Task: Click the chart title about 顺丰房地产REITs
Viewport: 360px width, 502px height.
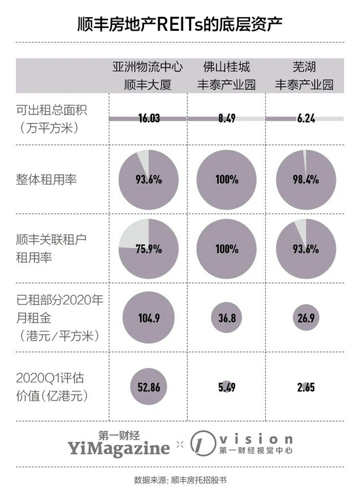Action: [x=180, y=25]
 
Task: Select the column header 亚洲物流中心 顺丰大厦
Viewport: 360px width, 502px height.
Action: [x=148, y=76]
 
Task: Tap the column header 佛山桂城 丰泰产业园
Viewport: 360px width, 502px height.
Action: [x=226, y=76]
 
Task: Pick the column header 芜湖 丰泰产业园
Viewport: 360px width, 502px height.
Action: [x=304, y=76]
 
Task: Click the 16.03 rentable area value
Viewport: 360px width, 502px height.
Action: [x=149, y=118]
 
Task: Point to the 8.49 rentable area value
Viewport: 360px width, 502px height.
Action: [x=226, y=118]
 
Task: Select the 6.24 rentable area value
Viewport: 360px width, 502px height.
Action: [x=306, y=118]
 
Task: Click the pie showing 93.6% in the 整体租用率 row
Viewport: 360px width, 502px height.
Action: [x=149, y=179]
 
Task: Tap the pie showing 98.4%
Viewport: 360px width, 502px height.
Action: [x=306, y=179]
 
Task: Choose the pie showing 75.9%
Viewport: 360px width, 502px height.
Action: [x=149, y=249]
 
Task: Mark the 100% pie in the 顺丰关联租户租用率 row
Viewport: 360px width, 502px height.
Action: [x=226, y=249]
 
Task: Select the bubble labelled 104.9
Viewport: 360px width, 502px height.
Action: [x=149, y=317]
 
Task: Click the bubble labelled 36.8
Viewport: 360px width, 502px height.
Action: [x=226, y=317]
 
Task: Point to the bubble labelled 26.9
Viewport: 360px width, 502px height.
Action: [x=306, y=317]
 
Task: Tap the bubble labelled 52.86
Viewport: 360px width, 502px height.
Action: [x=149, y=387]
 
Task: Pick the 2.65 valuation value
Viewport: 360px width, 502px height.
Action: [x=306, y=387]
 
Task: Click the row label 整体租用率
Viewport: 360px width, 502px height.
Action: [x=46, y=179]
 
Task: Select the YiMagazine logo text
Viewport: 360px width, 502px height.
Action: [x=118, y=448]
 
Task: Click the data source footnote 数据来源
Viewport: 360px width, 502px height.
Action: [x=180, y=480]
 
